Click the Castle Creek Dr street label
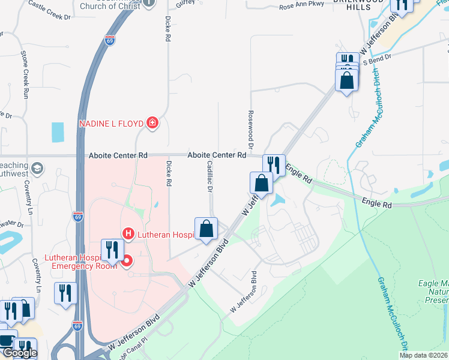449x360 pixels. (x=49, y=10)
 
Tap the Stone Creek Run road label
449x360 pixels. (x=25, y=74)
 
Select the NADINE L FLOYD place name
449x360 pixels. (x=112, y=124)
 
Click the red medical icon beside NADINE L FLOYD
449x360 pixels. (x=152, y=124)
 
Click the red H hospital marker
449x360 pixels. (x=127, y=233)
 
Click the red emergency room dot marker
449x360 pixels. (x=127, y=261)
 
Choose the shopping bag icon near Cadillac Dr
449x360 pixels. (x=206, y=229)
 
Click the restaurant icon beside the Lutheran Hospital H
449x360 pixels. (x=112, y=249)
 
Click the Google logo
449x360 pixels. (x=20, y=353)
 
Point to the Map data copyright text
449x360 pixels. (x=423, y=355)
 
